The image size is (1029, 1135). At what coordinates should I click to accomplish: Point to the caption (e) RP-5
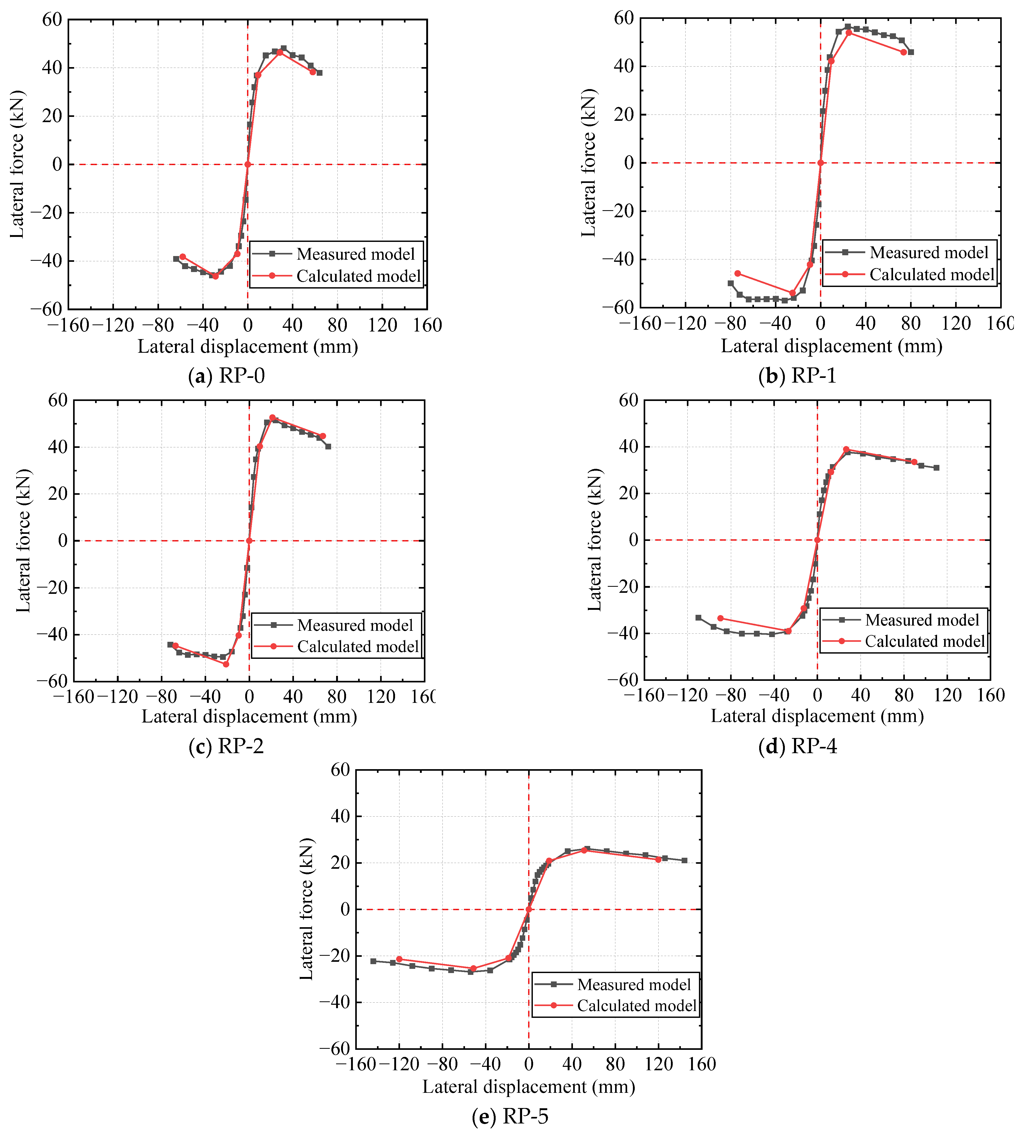pyautogui.click(x=510, y=1116)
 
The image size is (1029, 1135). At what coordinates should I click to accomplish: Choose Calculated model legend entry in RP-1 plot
pyautogui.click(x=932, y=275)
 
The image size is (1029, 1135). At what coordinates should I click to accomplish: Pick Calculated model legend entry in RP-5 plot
pyautogui.click(x=636, y=1006)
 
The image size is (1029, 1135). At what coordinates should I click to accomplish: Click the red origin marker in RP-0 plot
pyautogui.click(x=248, y=164)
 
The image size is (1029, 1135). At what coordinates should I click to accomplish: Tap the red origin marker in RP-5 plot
pyautogui.click(x=529, y=909)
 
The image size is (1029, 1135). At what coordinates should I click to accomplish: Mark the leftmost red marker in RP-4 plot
pyautogui.click(x=720, y=618)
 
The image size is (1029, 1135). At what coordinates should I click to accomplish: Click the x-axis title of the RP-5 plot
pyautogui.click(x=529, y=1087)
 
